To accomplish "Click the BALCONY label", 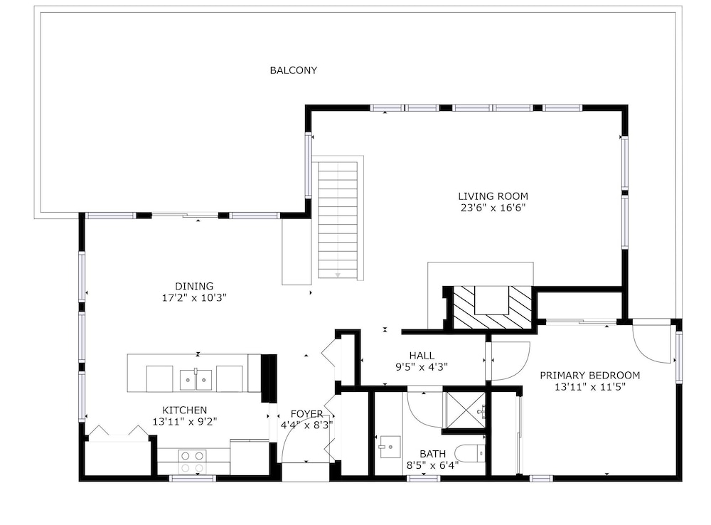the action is (294, 70).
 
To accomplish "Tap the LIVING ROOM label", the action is (493, 196).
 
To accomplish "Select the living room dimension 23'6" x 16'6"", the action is (493, 208).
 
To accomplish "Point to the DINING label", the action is (194, 286).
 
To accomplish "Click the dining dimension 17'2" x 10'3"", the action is (194, 298).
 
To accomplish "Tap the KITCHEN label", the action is (185, 410).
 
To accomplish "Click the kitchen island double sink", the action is (196, 379).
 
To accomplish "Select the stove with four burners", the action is (192, 462).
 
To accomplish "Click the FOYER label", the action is (307, 414).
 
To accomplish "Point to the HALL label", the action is (422, 355).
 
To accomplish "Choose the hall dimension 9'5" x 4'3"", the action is (422, 367).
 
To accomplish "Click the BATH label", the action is (432, 454).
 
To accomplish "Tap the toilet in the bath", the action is (469, 453).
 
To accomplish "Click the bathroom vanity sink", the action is (390, 447).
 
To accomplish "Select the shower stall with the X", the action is (464, 409).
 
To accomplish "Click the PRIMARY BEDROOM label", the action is (590, 376).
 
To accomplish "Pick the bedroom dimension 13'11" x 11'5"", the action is (590, 387).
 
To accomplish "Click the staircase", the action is (338, 220).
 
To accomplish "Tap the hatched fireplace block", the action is (493, 307).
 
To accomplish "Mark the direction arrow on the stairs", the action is (338, 275).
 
